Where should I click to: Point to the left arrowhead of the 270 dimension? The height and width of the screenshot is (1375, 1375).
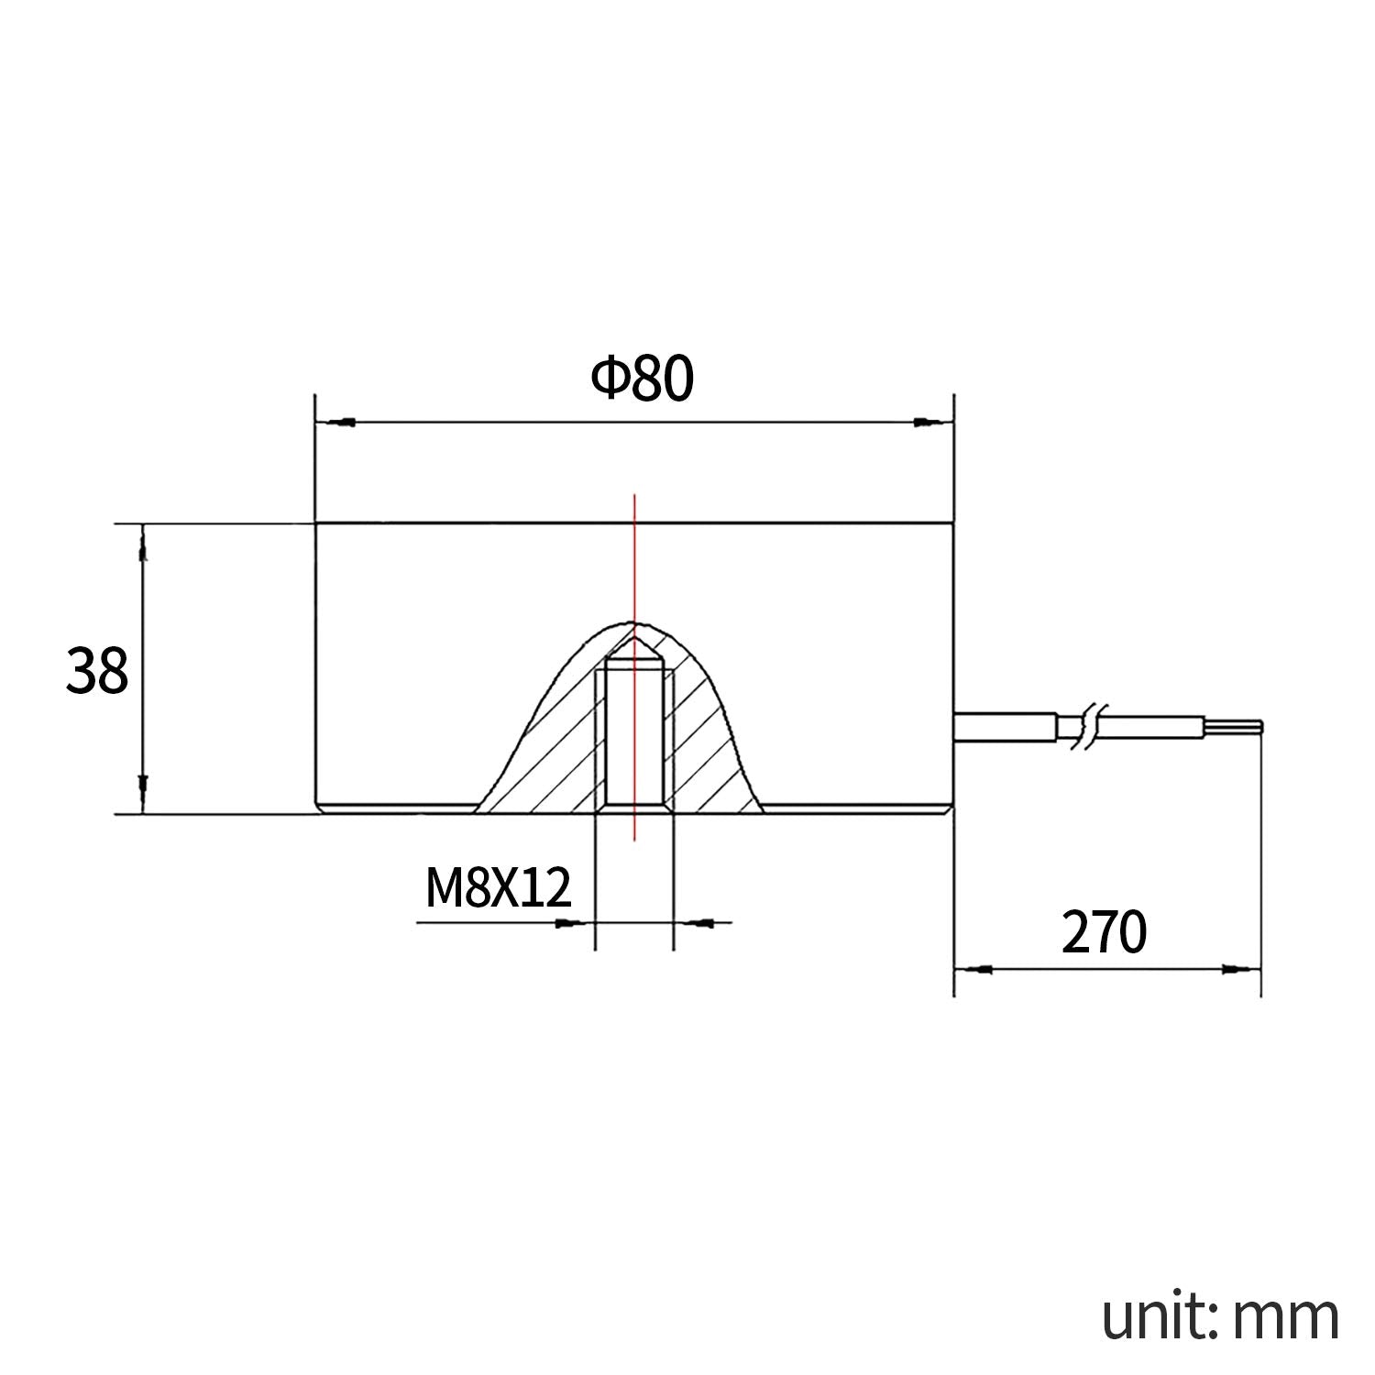[x=977, y=968]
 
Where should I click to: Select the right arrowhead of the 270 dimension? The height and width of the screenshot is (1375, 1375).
[x=1237, y=968]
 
